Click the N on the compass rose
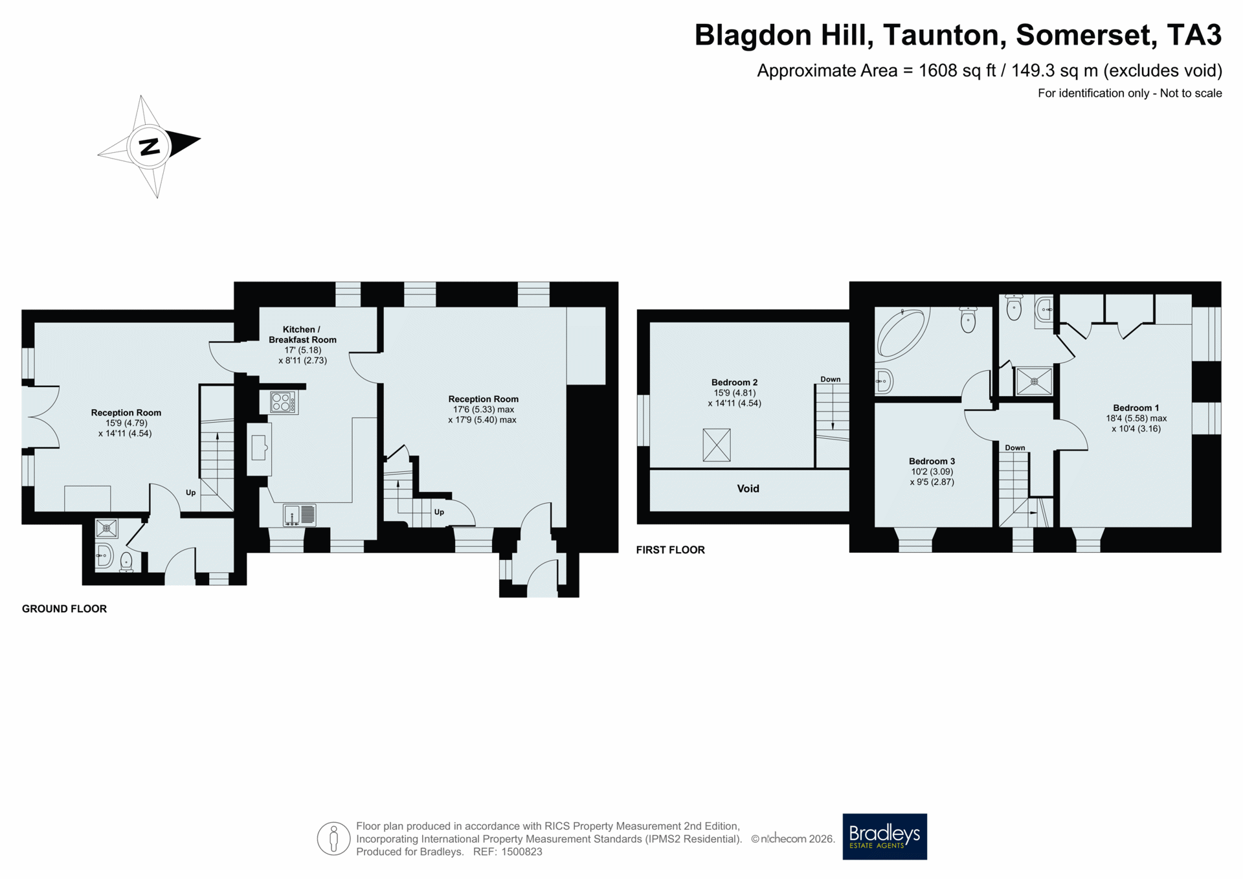click(150, 147)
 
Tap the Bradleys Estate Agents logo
click(884, 836)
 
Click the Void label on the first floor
click(748, 489)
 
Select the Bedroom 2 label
click(734, 383)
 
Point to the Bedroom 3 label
click(932, 462)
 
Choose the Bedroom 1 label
click(1136, 408)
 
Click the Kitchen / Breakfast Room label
click(302, 335)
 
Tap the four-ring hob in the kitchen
click(284, 402)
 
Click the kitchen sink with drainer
click(299, 515)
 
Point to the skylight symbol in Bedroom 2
click(717, 445)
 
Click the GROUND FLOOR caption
click(64, 609)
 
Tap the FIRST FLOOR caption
click(670, 550)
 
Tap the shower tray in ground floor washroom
click(107, 529)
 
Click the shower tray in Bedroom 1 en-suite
click(1034, 382)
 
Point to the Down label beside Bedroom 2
click(831, 379)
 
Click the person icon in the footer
click(333, 839)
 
